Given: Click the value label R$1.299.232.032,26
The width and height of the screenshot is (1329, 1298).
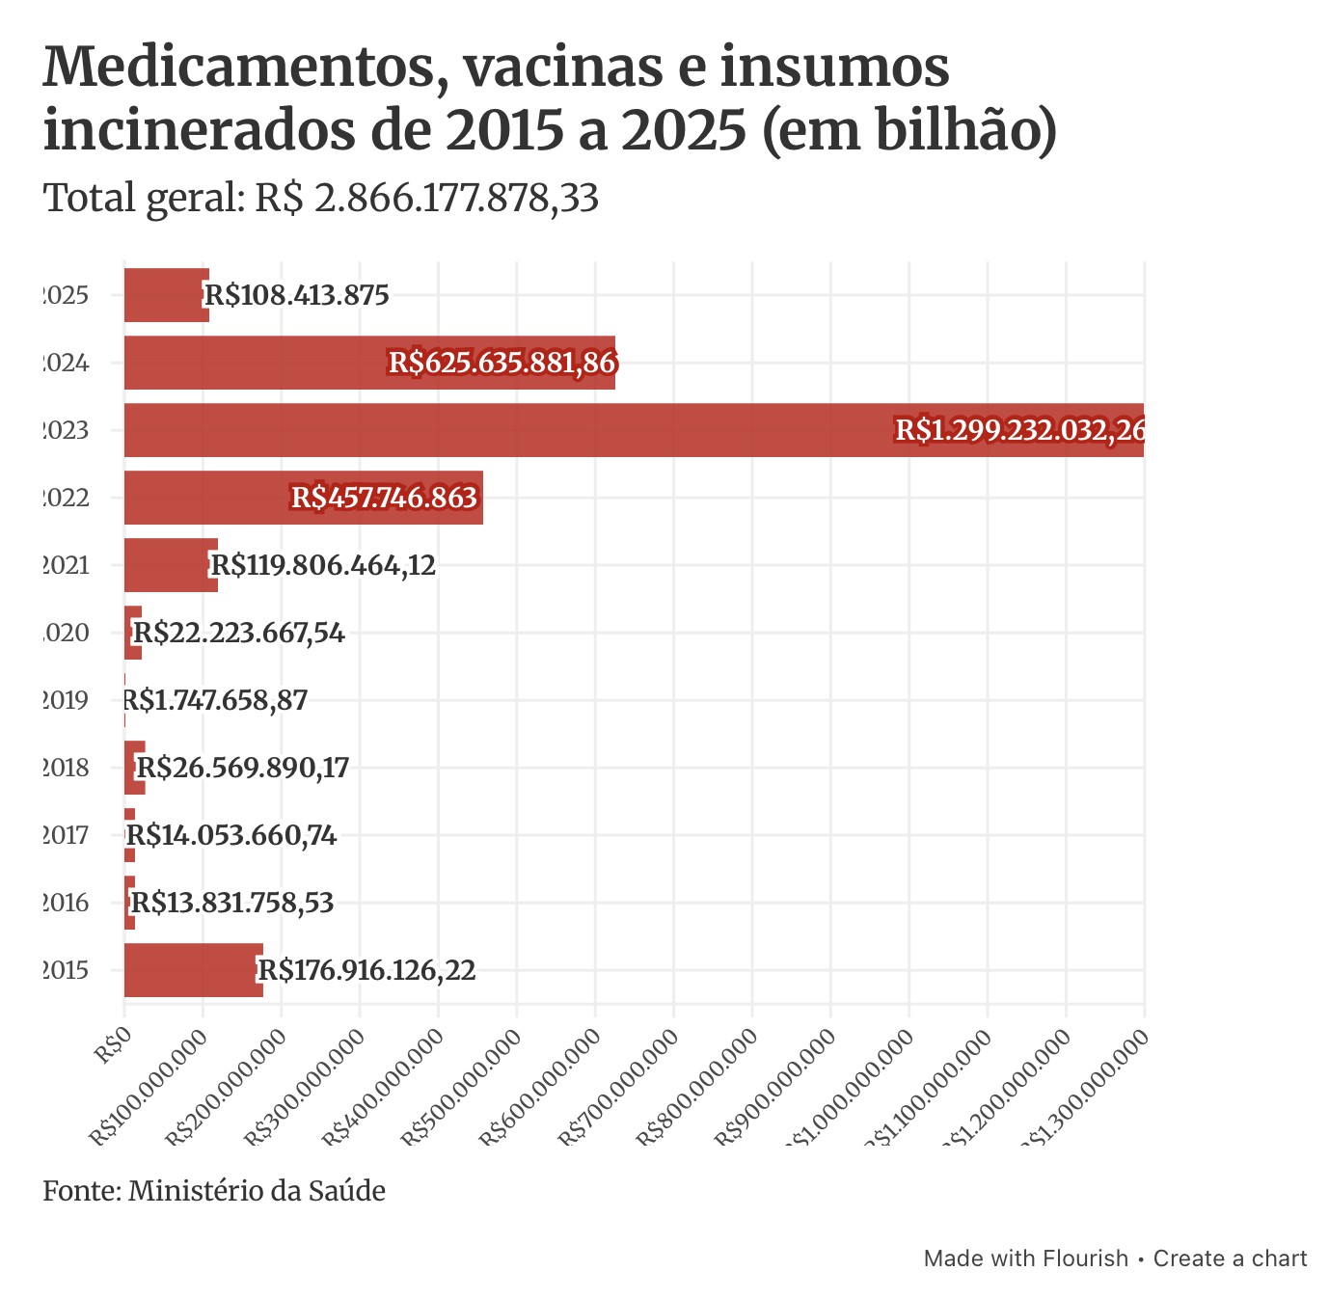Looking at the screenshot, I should click(1019, 430).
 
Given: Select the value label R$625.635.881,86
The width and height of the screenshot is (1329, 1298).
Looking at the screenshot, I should click(502, 363).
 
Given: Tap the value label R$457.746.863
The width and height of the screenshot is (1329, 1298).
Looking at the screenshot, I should click(385, 498).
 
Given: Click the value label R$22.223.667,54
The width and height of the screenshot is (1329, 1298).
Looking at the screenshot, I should click(238, 633).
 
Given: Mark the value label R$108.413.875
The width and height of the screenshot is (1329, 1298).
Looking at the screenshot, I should click(297, 295).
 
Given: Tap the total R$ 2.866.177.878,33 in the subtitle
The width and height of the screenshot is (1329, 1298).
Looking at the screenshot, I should click(427, 199).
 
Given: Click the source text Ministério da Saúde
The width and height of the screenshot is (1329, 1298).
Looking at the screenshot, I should click(257, 1191).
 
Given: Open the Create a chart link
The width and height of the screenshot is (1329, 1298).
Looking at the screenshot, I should click(1230, 1258).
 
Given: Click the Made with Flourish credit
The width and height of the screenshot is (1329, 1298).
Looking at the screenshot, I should click(1025, 1258).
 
